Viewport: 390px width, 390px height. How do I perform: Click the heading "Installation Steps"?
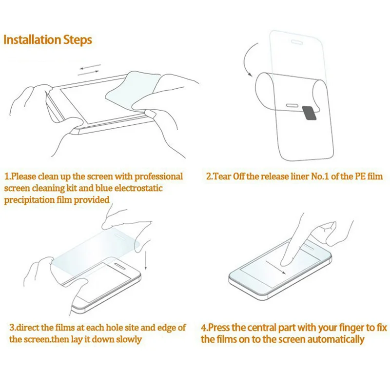pyautogui.click(x=48, y=40)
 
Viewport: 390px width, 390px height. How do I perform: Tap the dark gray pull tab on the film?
pyautogui.click(x=310, y=113)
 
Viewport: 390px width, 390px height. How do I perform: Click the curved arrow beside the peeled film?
pyautogui.click(x=248, y=59)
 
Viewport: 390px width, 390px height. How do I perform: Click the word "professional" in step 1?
pyautogui.click(x=159, y=176)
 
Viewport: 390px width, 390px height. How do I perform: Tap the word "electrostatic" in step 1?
pyautogui.click(x=138, y=188)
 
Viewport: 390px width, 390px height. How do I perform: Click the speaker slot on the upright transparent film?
pyautogui.click(x=297, y=42)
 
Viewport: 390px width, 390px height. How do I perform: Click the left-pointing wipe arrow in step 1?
pyautogui.click(x=90, y=67)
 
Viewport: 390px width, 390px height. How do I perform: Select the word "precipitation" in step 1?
pyautogui.click(x=29, y=200)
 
